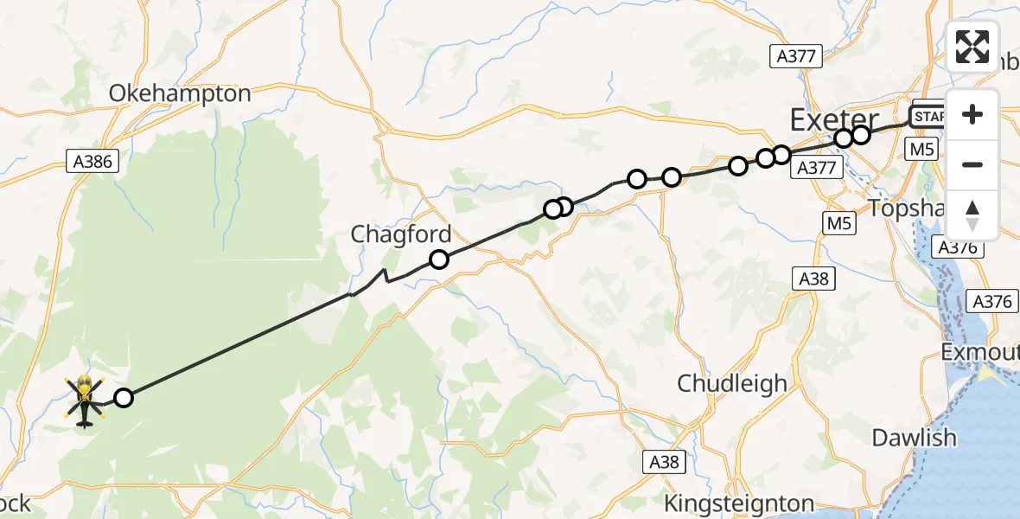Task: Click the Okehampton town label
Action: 180,93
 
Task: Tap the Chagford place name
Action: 401,234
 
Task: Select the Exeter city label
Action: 834,119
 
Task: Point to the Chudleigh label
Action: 732,382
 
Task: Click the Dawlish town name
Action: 914,437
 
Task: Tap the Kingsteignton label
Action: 739,503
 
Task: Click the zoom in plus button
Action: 972,114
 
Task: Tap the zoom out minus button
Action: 972,164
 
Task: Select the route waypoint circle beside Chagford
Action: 439,259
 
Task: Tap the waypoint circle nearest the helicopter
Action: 124,398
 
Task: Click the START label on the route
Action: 928,116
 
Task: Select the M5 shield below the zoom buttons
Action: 921,150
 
